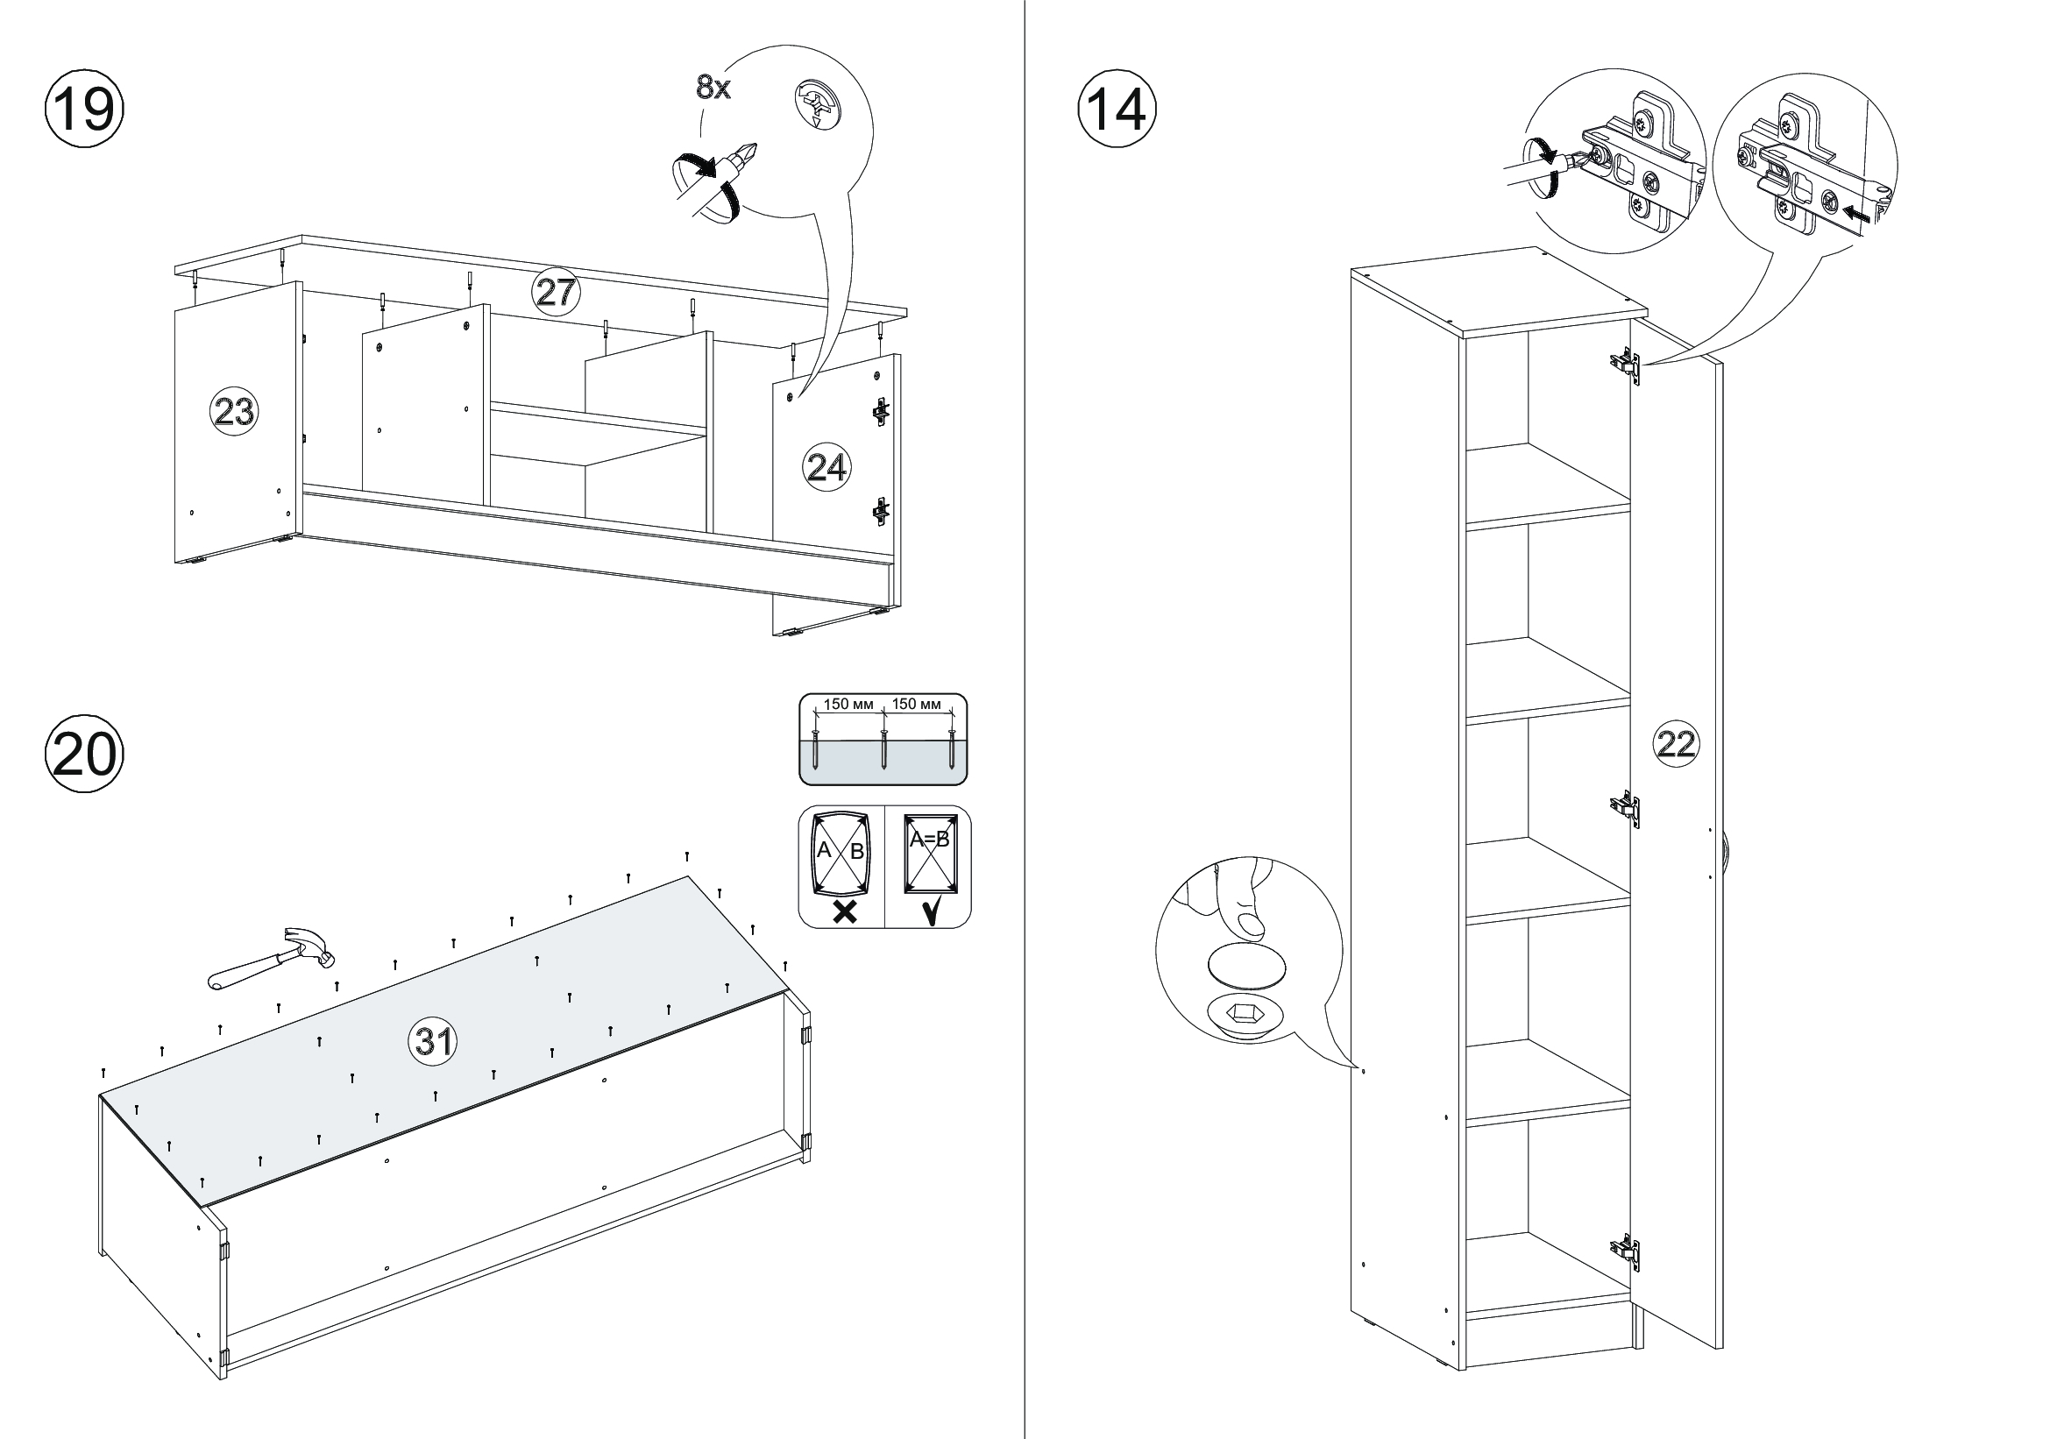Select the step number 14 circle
(1117, 110)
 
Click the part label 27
(556, 292)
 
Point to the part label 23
(233, 412)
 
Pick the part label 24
(826, 467)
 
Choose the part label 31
(433, 1040)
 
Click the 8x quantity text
(713, 88)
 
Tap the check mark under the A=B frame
(929, 911)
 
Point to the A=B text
(928, 839)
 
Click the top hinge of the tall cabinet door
(1626, 365)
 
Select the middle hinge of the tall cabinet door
(1626, 809)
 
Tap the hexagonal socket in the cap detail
(1245, 1013)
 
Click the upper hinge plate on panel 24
(881, 411)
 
